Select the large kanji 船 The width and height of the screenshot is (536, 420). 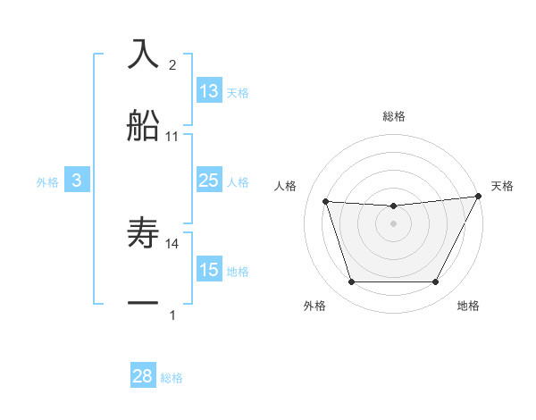tap(143, 126)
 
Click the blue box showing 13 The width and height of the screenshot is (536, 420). tap(209, 91)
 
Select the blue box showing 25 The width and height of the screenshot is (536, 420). tap(209, 181)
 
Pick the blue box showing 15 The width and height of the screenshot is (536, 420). tap(209, 270)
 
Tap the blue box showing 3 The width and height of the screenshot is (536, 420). tap(77, 181)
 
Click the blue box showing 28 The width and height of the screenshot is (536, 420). tap(143, 376)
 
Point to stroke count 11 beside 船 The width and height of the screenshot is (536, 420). tap(172, 137)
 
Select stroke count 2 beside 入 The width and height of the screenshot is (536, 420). tap(172, 64)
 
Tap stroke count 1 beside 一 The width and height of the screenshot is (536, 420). tap(172, 315)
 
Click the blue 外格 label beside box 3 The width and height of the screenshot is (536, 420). tap(47, 181)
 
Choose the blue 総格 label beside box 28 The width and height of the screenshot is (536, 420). tap(172, 378)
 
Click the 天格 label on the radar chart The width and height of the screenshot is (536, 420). tap(502, 186)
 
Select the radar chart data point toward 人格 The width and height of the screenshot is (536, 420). tap(325, 202)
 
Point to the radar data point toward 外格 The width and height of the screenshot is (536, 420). tap(351, 282)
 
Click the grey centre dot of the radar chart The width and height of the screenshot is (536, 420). tap(393, 223)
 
